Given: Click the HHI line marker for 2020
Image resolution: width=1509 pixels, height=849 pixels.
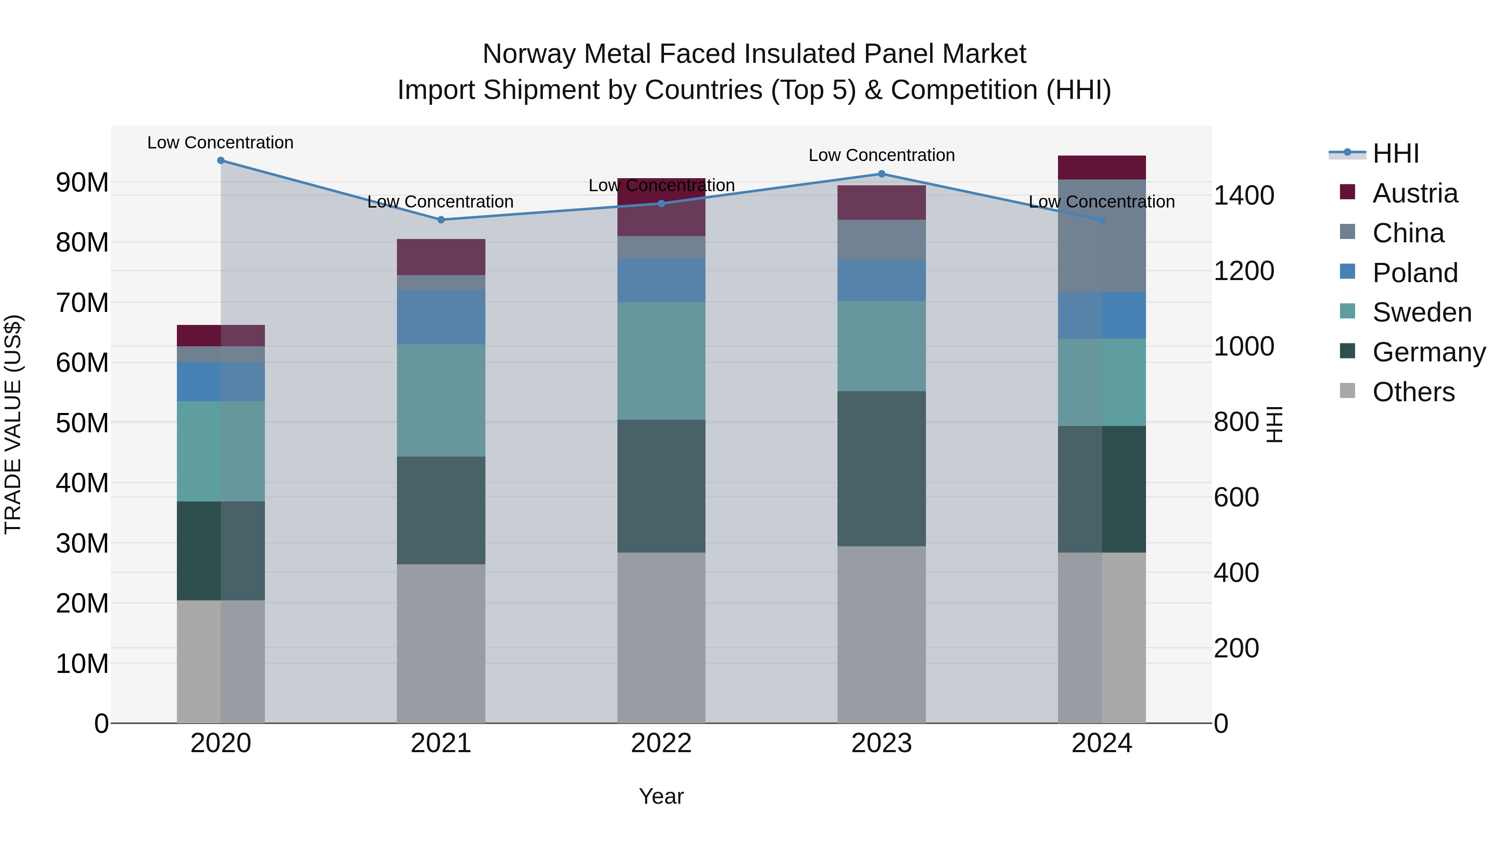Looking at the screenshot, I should [x=221, y=161].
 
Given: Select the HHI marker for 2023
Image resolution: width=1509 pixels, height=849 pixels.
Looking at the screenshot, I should [x=882, y=174].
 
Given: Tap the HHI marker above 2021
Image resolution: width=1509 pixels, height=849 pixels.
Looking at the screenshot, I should [x=441, y=220].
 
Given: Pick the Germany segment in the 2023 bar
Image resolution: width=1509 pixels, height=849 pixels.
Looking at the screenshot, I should [x=882, y=469].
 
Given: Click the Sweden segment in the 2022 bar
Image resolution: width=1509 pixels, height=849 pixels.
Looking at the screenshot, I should [x=661, y=361].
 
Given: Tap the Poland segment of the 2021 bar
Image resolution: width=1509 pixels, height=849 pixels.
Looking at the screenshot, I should [x=441, y=317].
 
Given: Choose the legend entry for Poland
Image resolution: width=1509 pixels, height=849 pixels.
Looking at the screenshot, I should [x=1415, y=273].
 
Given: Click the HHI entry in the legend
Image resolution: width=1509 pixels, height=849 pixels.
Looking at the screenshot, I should [x=1395, y=153].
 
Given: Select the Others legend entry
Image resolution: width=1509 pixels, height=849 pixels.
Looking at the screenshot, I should [x=1413, y=392].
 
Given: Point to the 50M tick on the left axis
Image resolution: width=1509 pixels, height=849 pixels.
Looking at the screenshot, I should [x=82, y=423].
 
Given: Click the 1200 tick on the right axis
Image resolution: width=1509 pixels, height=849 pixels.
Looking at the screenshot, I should [x=1244, y=271].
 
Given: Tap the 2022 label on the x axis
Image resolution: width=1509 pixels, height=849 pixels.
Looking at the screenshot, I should [x=661, y=743].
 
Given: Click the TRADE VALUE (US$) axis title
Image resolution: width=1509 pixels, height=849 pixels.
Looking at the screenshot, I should [x=13, y=424].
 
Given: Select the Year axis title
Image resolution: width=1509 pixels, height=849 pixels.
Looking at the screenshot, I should [x=661, y=796].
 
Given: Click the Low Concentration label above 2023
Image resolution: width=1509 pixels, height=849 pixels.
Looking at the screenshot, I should [x=882, y=155].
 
